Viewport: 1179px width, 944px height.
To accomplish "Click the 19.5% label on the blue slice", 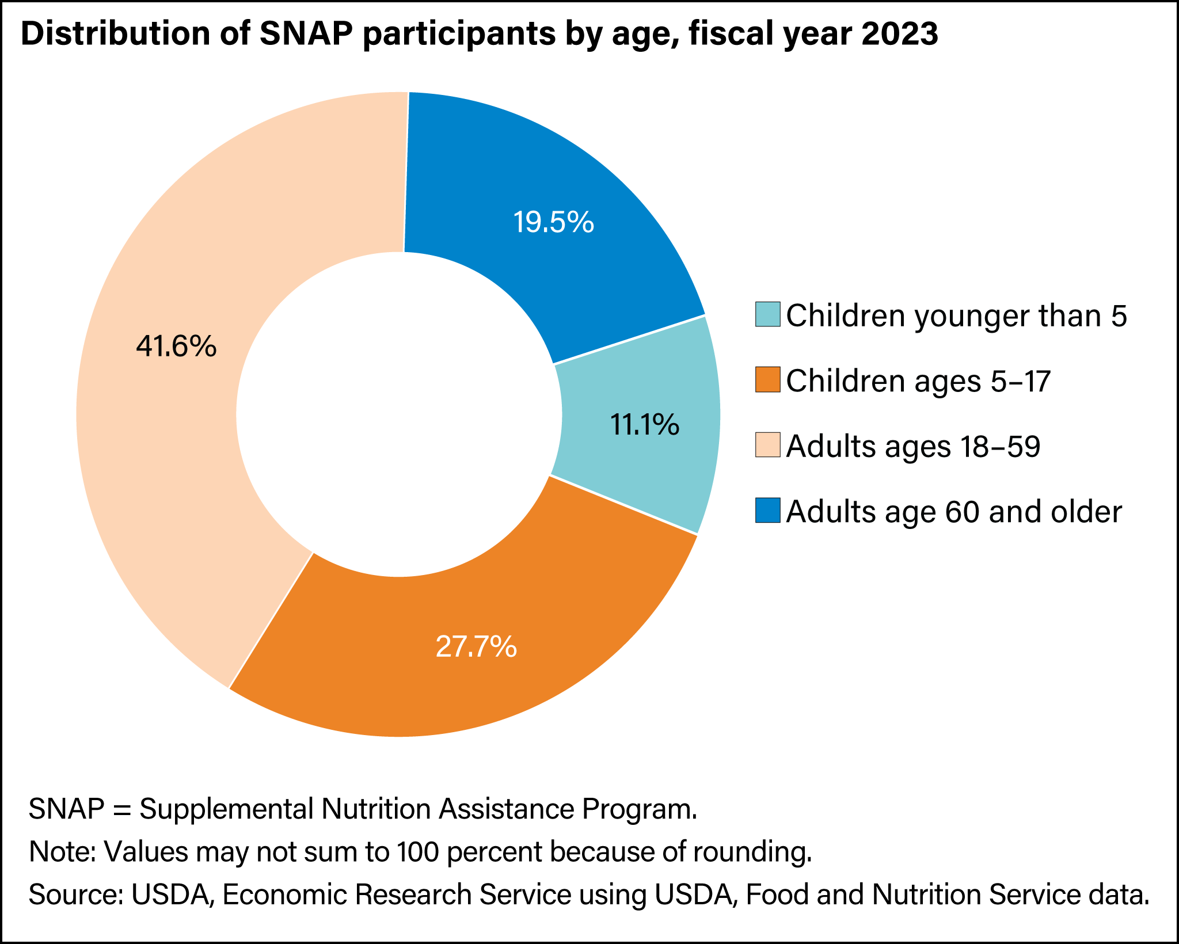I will coord(553,222).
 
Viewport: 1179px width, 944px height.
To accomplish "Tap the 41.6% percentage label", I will coord(176,347).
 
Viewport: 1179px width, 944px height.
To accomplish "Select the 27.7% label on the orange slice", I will coord(476,646).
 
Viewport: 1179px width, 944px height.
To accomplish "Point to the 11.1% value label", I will coord(644,425).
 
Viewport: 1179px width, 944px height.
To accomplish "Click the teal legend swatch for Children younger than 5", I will coord(768,314).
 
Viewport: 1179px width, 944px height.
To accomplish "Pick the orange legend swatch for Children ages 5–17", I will coord(768,380).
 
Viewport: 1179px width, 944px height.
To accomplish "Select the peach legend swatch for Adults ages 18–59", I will coord(768,446).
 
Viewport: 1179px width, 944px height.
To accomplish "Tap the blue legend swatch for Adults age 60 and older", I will coord(768,511).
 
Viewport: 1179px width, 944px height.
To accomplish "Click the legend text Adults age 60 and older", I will coord(954,511).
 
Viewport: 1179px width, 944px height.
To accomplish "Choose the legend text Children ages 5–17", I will coord(918,380).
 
